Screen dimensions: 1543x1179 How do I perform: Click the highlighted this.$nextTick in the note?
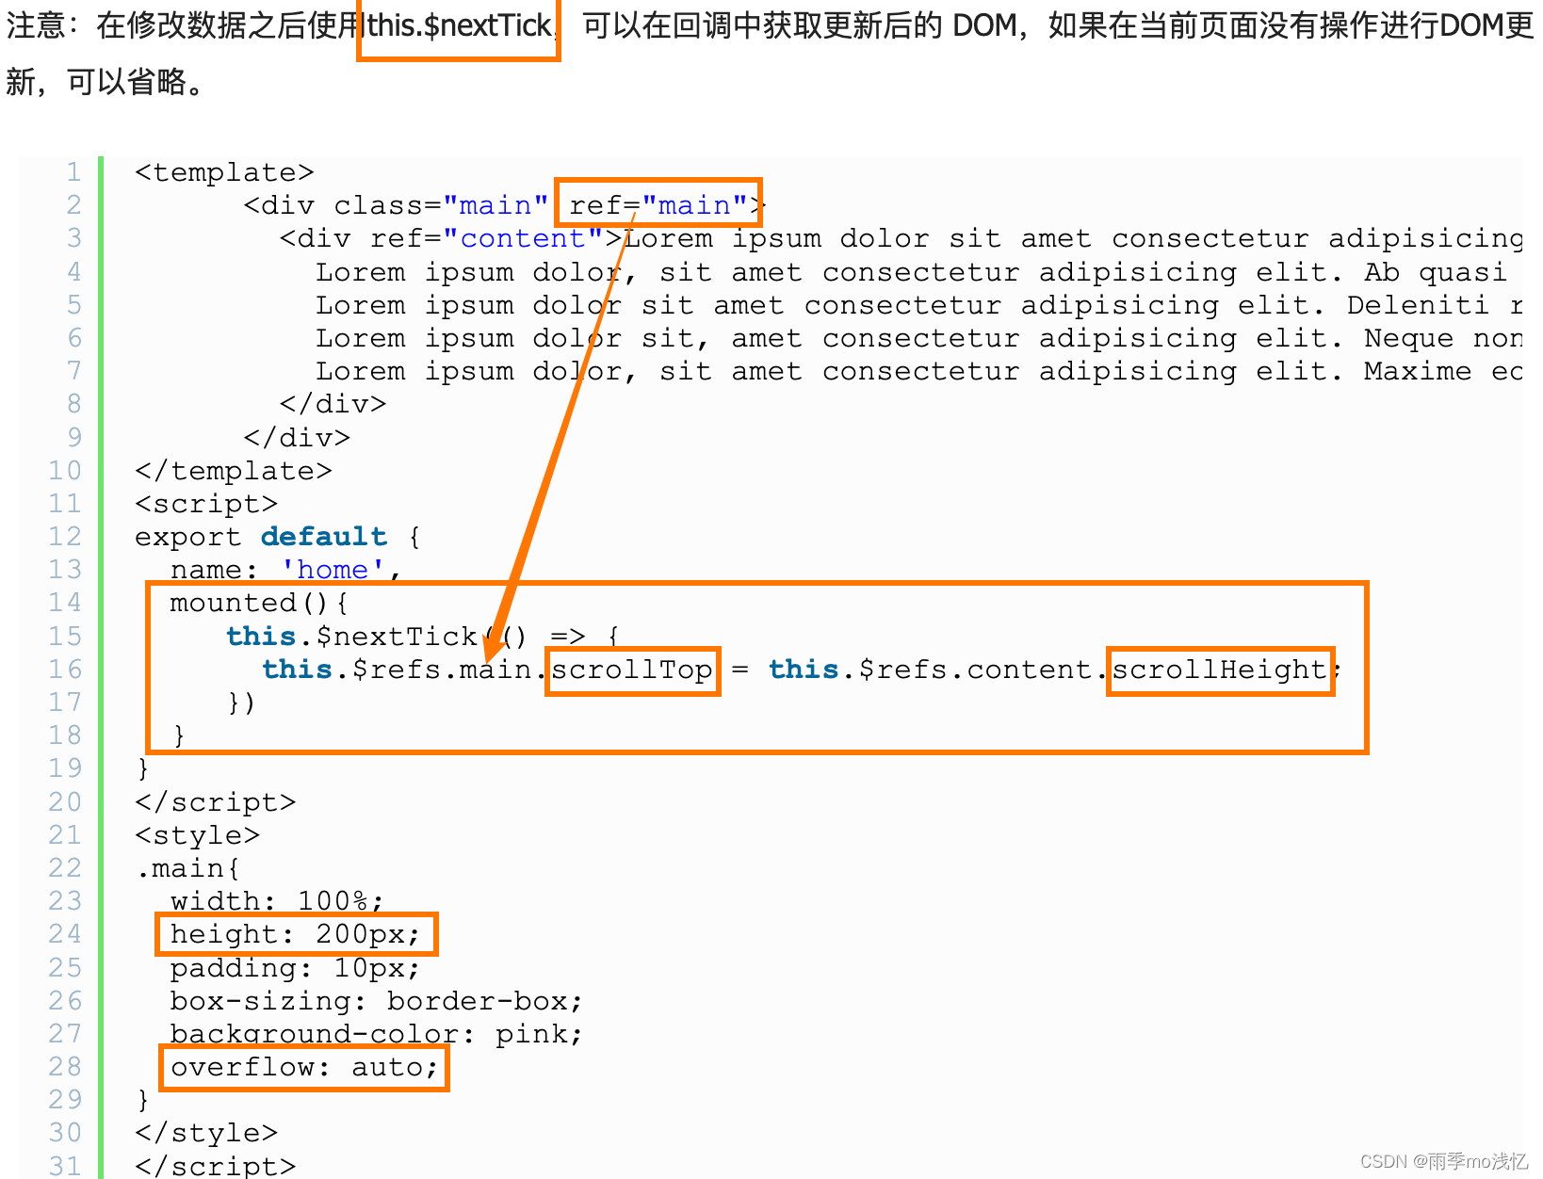point(459,26)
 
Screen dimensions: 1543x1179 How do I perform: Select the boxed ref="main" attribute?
point(658,204)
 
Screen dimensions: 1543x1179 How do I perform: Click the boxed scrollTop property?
point(632,670)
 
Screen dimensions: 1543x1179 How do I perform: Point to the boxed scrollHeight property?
point(1220,670)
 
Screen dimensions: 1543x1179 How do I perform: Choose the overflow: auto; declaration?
point(303,1067)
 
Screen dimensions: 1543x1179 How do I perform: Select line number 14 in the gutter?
point(65,603)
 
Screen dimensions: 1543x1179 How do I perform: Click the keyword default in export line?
point(324,537)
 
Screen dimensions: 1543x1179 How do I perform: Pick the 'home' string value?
point(333,570)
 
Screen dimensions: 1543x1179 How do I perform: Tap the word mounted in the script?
point(234,603)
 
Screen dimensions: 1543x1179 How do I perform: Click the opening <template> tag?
point(224,172)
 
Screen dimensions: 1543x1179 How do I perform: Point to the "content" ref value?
point(523,238)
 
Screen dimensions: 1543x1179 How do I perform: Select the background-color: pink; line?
point(375,1034)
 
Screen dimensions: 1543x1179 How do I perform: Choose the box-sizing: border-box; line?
point(375,1001)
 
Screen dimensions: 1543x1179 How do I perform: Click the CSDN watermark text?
point(1443,1161)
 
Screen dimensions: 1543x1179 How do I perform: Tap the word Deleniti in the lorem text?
point(1417,305)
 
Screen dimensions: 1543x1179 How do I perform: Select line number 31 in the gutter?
point(65,1166)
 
